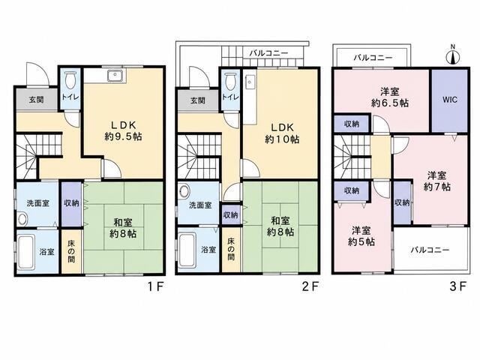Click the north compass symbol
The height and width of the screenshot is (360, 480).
[453, 55]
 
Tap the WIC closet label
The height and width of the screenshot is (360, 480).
[450, 100]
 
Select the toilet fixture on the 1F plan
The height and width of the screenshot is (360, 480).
[70, 80]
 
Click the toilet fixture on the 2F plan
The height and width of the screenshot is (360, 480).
[230, 81]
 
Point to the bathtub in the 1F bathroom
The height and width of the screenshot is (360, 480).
[25, 252]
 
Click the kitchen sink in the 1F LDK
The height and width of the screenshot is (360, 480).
[116, 75]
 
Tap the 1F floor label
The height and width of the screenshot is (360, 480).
[156, 286]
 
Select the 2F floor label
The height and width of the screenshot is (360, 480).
[310, 286]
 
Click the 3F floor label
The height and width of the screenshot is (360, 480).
[458, 286]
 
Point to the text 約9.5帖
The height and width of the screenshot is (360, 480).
[123, 136]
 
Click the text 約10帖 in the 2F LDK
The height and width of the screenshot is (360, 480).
[282, 139]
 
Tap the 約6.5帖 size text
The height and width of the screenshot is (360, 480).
[390, 103]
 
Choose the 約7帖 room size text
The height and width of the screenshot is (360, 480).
[436, 187]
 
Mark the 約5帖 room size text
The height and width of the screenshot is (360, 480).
[361, 241]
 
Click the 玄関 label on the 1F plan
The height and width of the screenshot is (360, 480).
[36, 100]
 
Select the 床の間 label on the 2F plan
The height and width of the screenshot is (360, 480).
[231, 249]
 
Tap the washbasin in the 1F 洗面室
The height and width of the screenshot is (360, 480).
[22, 219]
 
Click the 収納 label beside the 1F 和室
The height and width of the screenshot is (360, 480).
[72, 203]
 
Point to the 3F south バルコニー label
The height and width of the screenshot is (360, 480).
[430, 250]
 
